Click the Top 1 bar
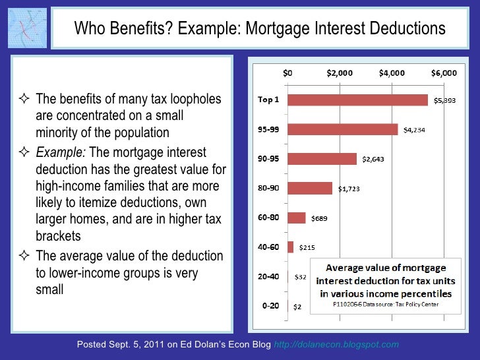358,100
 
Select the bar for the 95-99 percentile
343,129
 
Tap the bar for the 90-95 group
322,159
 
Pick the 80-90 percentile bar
310,189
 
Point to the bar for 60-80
297,218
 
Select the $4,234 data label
414,130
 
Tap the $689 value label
319,218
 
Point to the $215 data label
307,248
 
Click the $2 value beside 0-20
297,307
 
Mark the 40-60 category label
268,247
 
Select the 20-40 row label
268,276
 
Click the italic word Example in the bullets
60,152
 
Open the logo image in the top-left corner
26,28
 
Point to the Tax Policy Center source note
382,304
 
